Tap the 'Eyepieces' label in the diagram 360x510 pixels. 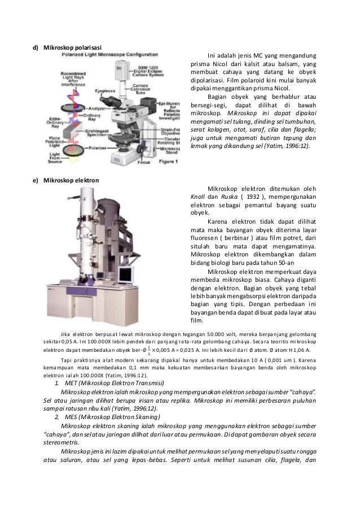point(103,89)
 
